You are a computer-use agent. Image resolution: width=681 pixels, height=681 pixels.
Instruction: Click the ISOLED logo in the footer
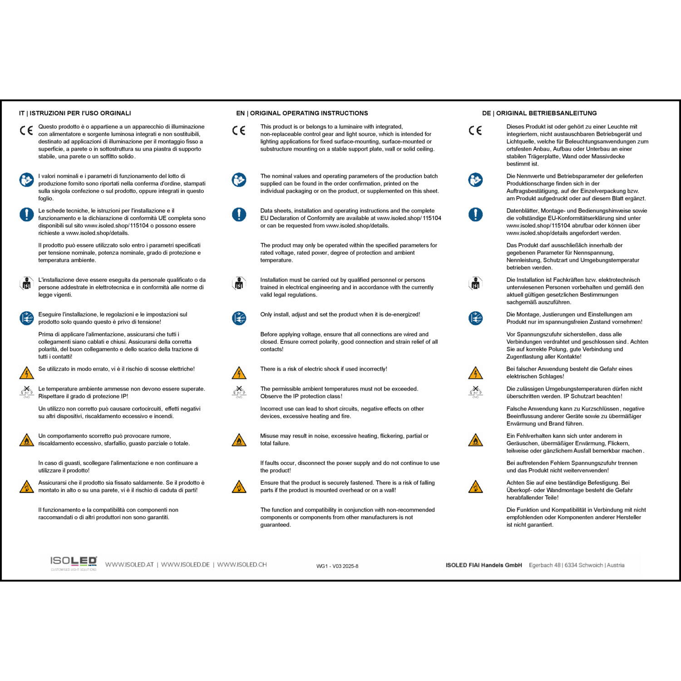pyautogui.click(x=74, y=563)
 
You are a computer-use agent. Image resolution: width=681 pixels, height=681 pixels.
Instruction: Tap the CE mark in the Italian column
pyautogui.click(x=26, y=131)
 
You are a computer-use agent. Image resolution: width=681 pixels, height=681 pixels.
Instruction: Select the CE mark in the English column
pyautogui.click(x=239, y=131)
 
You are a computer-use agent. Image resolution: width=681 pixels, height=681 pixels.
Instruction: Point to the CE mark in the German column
pyautogui.click(x=475, y=131)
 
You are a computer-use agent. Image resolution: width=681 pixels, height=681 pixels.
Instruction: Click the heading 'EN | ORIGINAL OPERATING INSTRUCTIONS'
pyautogui.click(x=302, y=113)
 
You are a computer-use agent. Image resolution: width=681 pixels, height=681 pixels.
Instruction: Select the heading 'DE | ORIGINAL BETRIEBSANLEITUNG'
pyautogui.click(x=539, y=113)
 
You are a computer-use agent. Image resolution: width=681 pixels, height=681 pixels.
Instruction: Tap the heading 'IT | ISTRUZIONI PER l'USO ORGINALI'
pyautogui.click(x=75, y=113)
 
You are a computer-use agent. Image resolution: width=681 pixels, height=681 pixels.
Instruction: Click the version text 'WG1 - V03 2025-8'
pyautogui.click(x=337, y=566)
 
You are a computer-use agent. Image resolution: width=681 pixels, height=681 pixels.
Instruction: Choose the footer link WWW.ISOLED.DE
pyautogui.click(x=185, y=565)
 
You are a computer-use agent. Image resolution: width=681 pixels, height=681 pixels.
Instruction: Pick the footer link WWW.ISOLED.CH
pyautogui.click(x=242, y=565)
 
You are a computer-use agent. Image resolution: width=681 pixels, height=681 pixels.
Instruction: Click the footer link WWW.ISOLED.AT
pyautogui.click(x=129, y=565)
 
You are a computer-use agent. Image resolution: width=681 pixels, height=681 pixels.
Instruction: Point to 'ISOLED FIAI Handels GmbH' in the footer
pyautogui.click(x=484, y=565)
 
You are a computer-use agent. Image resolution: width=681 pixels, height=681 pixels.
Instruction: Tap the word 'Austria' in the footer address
pyautogui.click(x=616, y=565)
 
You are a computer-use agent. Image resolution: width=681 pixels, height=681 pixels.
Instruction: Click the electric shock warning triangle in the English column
pyautogui.click(x=239, y=373)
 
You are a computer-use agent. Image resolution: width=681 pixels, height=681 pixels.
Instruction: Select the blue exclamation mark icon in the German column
pyautogui.click(x=475, y=214)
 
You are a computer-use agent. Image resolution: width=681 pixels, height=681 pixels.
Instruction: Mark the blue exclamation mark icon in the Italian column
pyautogui.click(x=26, y=214)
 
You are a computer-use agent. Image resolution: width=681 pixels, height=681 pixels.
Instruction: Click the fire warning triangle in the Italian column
pyautogui.click(x=26, y=440)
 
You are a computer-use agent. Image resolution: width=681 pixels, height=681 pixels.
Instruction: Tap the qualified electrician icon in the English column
pyautogui.click(x=239, y=284)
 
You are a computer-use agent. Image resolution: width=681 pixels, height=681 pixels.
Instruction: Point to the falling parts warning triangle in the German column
pyautogui.click(x=475, y=487)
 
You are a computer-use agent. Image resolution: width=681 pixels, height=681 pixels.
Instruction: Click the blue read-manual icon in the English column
pyautogui.click(x=239, y=180)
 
